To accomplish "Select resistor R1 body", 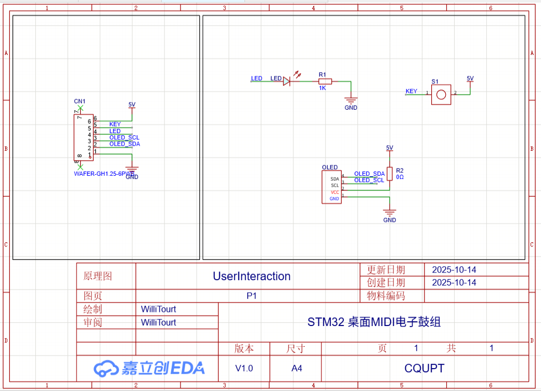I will (325, 81).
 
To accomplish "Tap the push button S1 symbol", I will (441, 95).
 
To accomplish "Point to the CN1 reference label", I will (80, 101).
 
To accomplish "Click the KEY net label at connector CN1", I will (115, 124).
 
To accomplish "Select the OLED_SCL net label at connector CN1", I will (124, 137).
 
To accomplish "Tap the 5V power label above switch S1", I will (470, 79).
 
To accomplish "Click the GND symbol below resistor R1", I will (351, 101).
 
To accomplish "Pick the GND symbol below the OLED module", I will (390, 213).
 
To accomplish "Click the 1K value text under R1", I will (323, 88).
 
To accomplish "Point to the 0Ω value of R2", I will (400, 177).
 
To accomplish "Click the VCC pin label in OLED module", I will (334, 192).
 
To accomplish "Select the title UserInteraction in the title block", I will (252, 276).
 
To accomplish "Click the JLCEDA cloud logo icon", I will (106, 368).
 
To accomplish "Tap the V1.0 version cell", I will (244, 368).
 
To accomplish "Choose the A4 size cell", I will (297, 368).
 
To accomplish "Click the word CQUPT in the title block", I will (424, 368).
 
